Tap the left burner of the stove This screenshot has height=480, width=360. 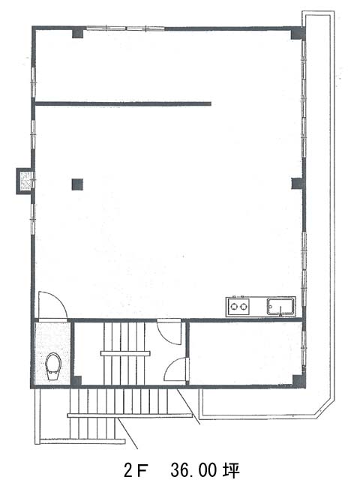coord(234,306)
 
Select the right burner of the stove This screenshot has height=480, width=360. coord(244,306)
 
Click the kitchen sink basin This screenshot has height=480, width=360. coord(280,307)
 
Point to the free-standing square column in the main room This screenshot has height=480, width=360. coord(77,184)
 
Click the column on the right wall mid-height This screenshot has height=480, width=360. coord(297,183)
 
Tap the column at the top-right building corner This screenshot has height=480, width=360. coord(298,33)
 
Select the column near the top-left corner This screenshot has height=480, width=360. coord(77,33)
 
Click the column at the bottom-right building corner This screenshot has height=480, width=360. coord(298,381)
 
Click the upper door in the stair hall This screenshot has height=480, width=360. coord(169,331)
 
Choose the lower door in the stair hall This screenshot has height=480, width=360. coord(177,369)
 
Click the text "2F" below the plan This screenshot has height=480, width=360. coord(136,469)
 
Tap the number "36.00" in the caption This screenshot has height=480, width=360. coord(193,469)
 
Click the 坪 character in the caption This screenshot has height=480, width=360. coord(231,469)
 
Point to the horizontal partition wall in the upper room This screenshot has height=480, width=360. coord(123,103)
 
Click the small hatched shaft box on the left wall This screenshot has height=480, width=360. coord(25,181)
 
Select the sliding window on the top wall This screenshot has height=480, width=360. coord(125,28)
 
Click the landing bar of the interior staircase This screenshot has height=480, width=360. coord(125,353)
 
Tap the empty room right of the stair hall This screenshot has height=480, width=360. coord(245,352)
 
